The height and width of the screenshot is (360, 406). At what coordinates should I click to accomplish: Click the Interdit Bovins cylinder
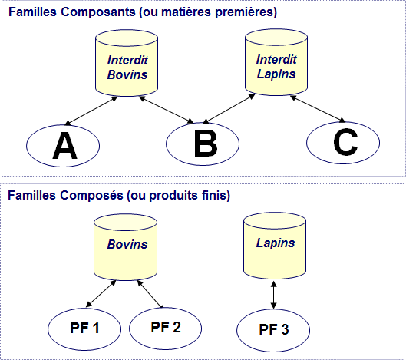pos(127,63)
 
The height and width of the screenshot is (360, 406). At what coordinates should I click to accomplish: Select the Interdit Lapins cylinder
pos(276,62)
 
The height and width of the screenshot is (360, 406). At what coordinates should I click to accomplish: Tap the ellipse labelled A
pos(63,146)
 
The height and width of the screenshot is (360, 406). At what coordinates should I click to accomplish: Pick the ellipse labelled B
pos(203,144)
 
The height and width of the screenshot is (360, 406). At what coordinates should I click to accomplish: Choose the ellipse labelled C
pos(343,143)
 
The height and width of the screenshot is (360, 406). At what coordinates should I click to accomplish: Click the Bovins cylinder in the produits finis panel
pos(126,247)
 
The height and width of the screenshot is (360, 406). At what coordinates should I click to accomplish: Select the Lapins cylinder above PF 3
pos(275,246)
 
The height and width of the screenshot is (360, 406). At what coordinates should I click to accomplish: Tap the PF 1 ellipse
pos(84,329)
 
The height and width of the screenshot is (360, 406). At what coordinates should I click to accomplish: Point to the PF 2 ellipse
pos(166,328)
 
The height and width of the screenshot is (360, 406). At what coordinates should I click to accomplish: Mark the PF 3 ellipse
pos(273,330)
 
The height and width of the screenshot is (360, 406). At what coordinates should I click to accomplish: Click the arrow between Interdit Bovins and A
pos(91,111)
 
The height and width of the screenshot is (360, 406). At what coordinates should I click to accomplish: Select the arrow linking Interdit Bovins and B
pos(166,110)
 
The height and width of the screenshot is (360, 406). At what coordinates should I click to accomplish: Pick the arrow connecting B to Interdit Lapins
pos(229,109)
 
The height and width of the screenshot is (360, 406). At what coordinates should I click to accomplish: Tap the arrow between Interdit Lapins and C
pos(318,108)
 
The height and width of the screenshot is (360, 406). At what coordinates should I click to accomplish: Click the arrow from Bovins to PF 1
pos(101,294)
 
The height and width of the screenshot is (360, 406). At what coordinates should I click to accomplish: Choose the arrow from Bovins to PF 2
pos(150,294)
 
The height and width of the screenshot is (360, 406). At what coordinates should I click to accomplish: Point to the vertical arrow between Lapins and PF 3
pos(273,295)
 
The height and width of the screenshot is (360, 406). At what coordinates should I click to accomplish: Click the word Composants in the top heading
pos(98,12)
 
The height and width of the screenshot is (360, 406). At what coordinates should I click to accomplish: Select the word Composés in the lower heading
pos(91,195)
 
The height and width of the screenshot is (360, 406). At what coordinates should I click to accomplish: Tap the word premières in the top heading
pos(246,12)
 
